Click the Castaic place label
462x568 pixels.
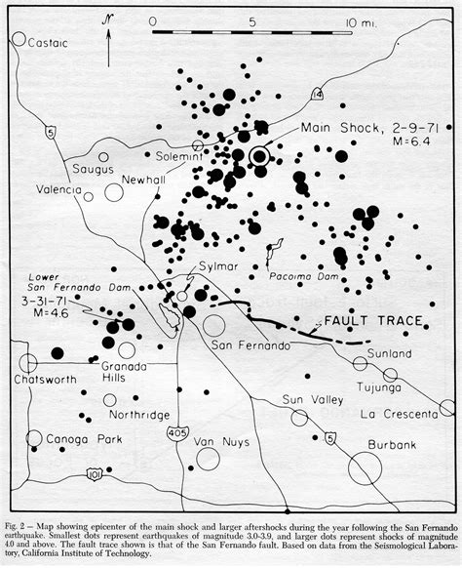point(46,42)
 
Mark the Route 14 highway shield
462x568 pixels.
point(318,94)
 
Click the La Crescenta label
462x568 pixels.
point(394,413)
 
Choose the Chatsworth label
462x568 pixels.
point(37,379)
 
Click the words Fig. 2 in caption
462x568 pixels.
point(19,513)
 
